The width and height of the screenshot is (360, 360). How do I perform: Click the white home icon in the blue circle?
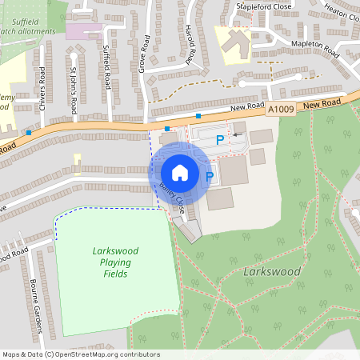tap(180, 172)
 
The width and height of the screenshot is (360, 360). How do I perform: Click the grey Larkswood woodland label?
tap(271, 272)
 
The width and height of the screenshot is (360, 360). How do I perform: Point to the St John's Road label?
tap(72, 90)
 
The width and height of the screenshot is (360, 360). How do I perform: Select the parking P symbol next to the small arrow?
tap(221, 140)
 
